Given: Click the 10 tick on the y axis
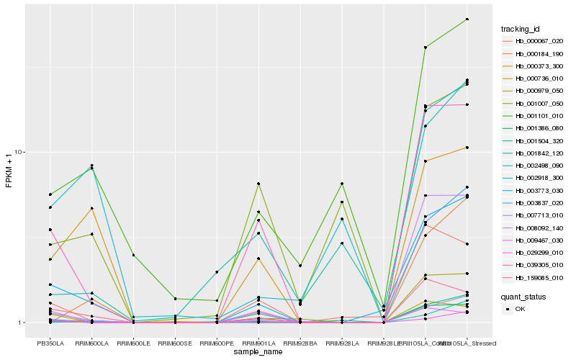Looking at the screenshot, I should pyautogui.click(x=20, y=152).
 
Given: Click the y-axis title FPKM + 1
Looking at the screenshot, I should pyautogui.click(x=9, y=171).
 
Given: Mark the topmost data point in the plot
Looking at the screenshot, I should pyautogui.click(x=467, y=19).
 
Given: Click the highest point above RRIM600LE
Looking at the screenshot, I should pyautogui.click(x=134, y=255).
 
